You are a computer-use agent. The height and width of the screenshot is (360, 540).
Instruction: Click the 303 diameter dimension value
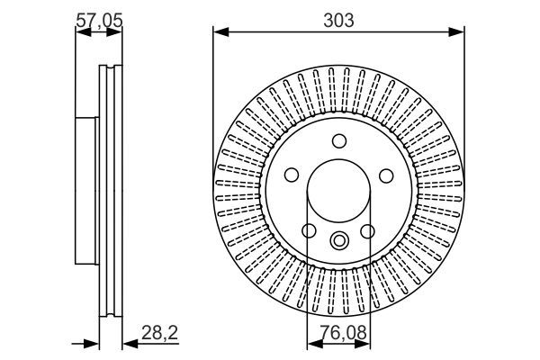(338, 18)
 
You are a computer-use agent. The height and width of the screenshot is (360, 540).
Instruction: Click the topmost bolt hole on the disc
(338, 141)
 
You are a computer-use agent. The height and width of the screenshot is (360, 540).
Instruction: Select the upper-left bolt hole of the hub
(291, 175)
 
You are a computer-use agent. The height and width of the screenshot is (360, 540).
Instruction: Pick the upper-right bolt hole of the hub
(386, 175)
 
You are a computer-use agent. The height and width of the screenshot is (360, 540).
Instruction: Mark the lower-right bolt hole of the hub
(368, 232)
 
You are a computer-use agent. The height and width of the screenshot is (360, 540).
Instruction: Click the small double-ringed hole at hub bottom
(338, 240)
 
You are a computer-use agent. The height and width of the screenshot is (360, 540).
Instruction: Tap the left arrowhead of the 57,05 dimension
(79, 33)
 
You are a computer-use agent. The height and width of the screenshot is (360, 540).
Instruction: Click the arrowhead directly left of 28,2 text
(127, 343)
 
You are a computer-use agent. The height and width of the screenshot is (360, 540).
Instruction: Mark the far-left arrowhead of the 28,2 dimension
(91, 343)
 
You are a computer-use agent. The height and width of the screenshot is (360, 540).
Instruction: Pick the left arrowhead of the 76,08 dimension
(312, 343)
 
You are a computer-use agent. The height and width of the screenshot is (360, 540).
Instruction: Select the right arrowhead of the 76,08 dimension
(364, 343)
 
